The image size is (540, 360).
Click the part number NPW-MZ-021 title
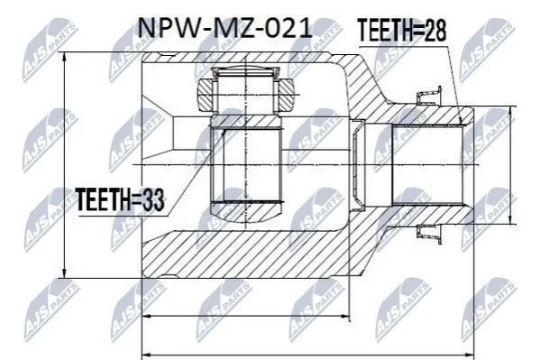pos(224,28)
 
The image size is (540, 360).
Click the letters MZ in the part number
pos(231,28)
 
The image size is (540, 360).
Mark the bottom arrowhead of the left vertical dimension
pos(64,272)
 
